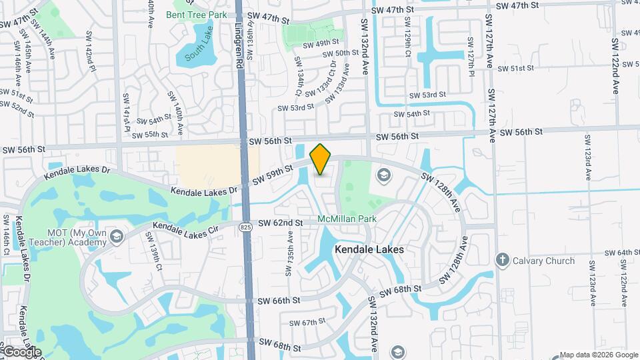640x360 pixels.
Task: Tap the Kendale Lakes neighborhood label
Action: point(369,249)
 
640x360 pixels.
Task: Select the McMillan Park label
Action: point(347,219)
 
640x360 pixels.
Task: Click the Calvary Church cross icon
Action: point(503,260)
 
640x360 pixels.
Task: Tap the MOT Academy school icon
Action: point(116,237)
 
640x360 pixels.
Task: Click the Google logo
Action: point(21,352)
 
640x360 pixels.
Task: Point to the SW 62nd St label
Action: point(280,222)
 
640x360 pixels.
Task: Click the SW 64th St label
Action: point(619,253)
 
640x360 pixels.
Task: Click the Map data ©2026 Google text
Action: point(597,355)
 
